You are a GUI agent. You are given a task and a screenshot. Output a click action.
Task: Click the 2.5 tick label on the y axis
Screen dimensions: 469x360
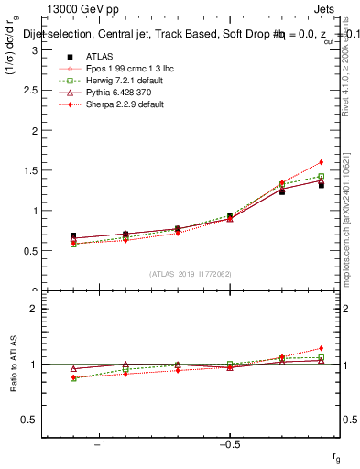32,91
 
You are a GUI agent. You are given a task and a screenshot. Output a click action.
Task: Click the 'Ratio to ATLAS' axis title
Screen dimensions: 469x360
14,366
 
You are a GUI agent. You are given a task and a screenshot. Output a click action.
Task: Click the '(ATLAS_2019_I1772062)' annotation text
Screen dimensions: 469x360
191,273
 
